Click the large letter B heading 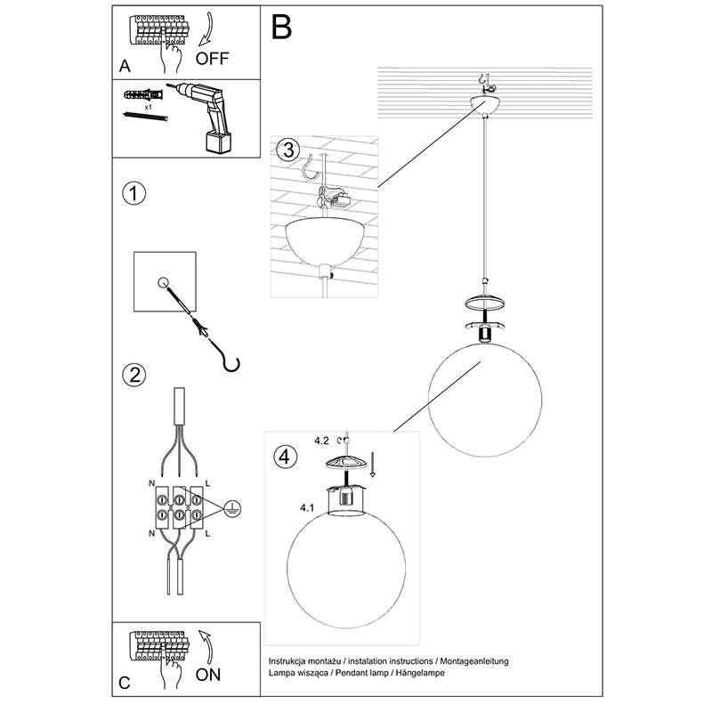281,28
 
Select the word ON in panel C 207,674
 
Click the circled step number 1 133,194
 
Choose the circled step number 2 133,375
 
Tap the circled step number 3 285,150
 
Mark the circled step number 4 283,457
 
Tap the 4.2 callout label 321,440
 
